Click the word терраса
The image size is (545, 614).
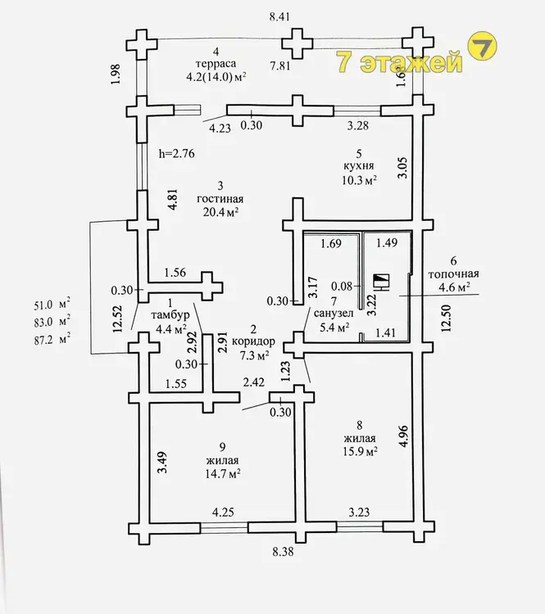(x=216, y=64)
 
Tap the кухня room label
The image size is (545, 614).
(x=359, y=166)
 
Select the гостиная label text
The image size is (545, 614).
(x=220, y=199)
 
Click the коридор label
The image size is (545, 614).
(x=253, y=341)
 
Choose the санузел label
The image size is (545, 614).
(x=334, y=314)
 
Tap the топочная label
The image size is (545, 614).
(x=453, y=273)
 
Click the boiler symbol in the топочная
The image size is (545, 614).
(x=381, y=282)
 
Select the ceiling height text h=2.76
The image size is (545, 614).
(x=176, y=154)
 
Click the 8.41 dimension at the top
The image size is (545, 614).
(x=279, y=17)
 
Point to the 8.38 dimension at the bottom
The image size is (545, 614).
(x=283, y=552)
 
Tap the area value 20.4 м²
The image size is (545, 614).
(x=220, y=212)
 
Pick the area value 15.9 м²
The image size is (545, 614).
(x=360, y=451)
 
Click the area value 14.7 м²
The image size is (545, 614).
(x=223, y=474)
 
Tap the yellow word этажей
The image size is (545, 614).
(x=411, y=63)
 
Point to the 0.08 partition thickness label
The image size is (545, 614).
(x=342, y=287)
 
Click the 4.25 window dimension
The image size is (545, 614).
(x=223, y=512)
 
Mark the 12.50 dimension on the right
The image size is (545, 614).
(x=446, y=318)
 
